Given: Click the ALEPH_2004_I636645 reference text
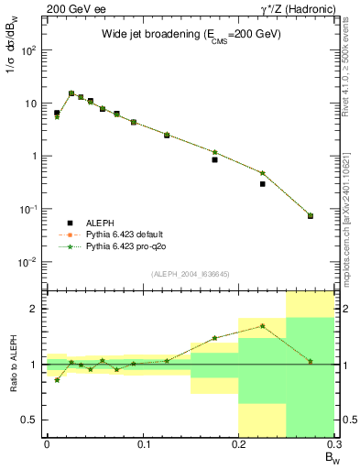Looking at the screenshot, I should [190, 274].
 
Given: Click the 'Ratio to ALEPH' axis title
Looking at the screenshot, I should [13, 364].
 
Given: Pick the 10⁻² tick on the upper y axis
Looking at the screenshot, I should [32, 262].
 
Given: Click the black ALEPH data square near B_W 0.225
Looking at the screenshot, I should [262, 183].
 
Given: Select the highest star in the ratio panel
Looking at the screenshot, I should [262, 325].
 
